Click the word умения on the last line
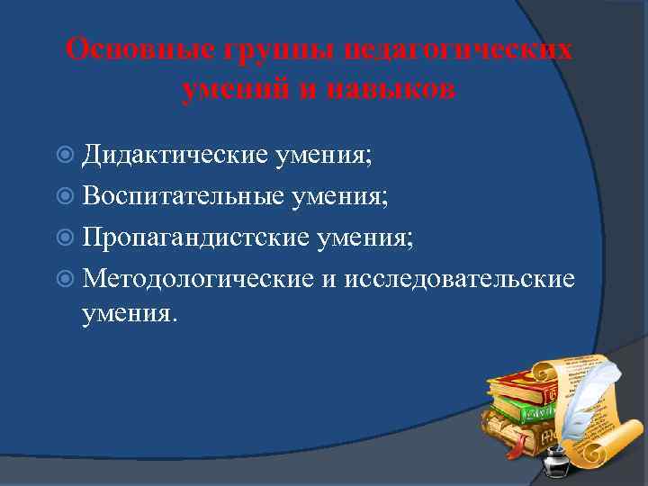click(130, 313)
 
